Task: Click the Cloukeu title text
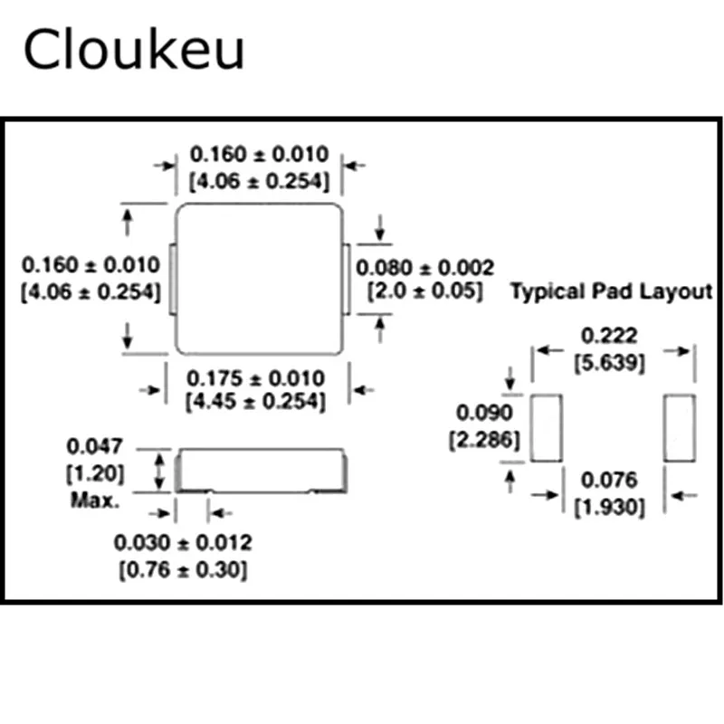[133, 51]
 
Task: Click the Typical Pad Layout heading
[612, 291]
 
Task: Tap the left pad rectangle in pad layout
[546, 427]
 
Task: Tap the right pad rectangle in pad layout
[679, 427]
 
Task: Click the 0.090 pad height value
[484, 414]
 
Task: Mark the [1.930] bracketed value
[610, 508]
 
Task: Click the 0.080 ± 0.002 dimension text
[424, 268]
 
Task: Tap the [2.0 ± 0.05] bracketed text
[424, 291]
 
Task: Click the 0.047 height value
[94, 446]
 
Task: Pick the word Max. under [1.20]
[94, 500]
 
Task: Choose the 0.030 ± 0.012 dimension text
[183, 543]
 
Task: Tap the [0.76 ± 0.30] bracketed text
[183, 570]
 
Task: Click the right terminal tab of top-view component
[346, 278]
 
